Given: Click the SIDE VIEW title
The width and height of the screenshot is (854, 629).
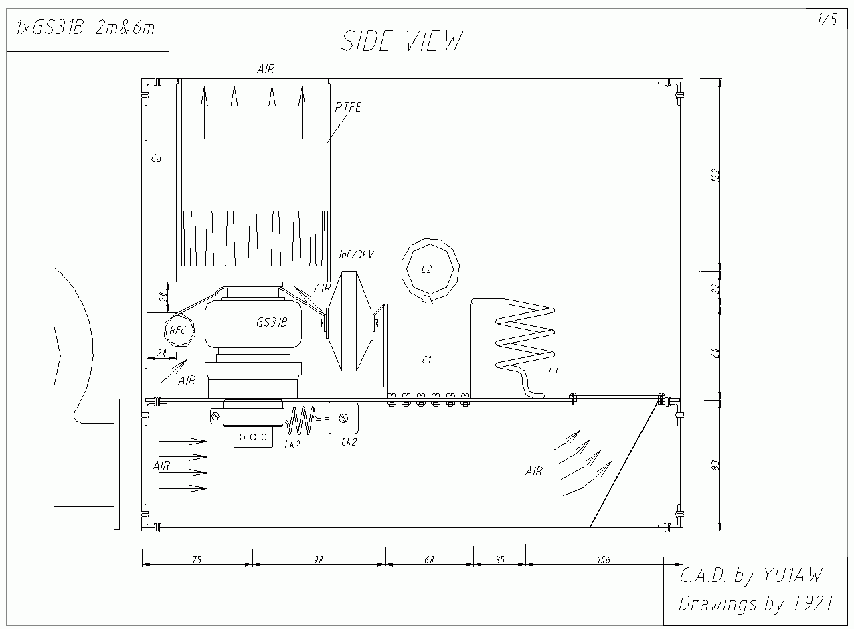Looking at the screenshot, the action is pos(402,41).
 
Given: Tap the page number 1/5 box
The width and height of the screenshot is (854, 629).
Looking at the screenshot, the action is pos(827,19).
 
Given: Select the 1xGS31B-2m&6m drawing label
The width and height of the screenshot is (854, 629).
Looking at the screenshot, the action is pos(86,28).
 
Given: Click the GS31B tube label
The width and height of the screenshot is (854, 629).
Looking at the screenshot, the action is pos(272,323).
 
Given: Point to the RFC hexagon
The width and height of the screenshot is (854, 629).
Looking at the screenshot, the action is pos(179,330).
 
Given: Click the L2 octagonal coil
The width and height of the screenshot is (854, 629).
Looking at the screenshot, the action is pos(430,268).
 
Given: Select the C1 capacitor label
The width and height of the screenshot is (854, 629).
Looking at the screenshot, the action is pos(426,360).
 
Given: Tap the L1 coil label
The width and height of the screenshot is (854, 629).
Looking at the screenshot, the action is pos(553,371).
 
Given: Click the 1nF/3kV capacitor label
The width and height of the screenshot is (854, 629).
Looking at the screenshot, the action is pos(357,254).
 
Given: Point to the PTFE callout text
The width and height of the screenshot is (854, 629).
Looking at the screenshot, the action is pos(348,108).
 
